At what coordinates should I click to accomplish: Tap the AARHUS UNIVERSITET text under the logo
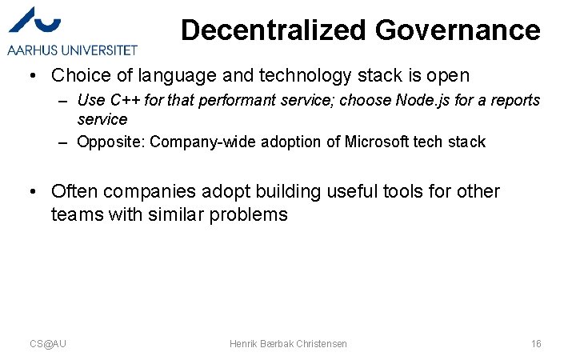[x=72, y=50]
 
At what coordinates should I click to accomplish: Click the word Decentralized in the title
[x=273, y=30]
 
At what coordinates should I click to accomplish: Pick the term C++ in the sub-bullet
[x=124, y=101]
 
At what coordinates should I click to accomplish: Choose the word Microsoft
[x=377, y=142]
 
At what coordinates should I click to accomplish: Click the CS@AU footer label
[x=48, y=343]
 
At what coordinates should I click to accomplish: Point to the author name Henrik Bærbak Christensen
[x=288, y=343]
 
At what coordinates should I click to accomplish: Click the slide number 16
[x=536, y=343]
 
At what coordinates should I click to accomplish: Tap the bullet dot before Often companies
[x=31, y=192]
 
